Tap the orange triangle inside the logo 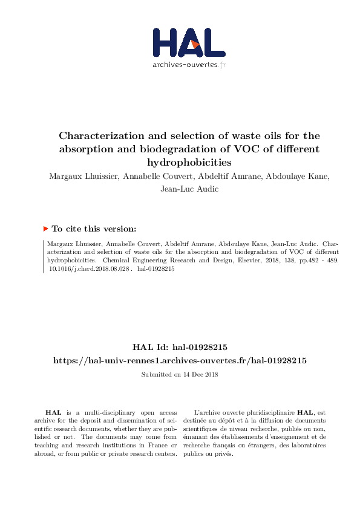(x=194, y=44)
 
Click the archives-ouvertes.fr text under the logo (x=189, y=65)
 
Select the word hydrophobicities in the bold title (x=188, y=162)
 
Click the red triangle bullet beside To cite (x=45, y=229)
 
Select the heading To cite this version (x=93, y=229)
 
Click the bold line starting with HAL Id (x=180, y=347)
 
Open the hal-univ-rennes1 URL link (x=180, y=360)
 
